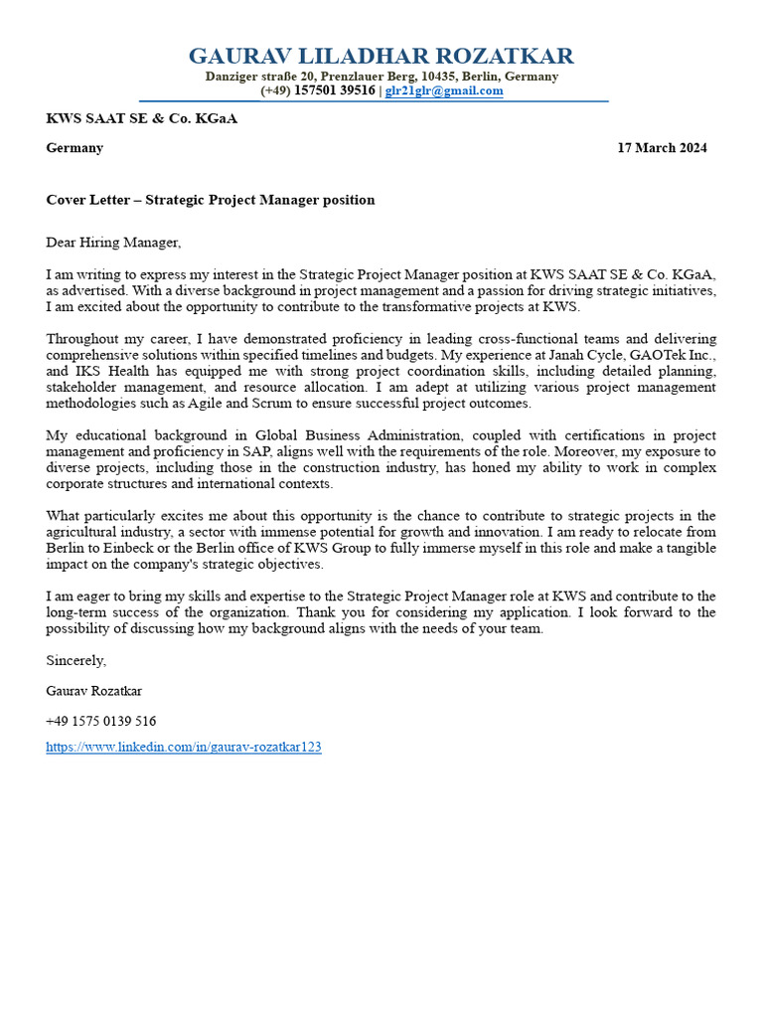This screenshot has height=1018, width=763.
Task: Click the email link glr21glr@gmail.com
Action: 444,90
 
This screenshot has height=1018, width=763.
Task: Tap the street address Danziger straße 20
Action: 260,77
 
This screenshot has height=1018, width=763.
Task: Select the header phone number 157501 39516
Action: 335,90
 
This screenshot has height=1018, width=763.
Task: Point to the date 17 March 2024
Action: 662,148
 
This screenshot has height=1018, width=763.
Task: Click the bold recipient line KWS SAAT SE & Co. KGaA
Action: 141,118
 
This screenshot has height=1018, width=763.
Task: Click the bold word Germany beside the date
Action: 75,148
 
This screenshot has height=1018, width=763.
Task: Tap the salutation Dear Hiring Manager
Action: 113,242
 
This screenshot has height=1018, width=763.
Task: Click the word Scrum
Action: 329,403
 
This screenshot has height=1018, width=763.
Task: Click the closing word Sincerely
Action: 76,660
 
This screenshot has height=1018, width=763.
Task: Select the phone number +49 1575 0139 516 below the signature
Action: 100,721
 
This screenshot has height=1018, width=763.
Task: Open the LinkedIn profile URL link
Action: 184,747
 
